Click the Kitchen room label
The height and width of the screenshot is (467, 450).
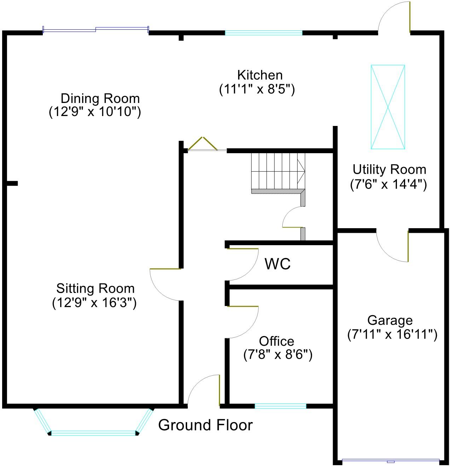coord(260,75)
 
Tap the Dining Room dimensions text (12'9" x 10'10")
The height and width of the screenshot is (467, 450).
coord(95,112)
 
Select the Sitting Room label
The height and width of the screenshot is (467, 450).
coord(95,288)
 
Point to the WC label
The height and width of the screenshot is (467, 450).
coord(278,264)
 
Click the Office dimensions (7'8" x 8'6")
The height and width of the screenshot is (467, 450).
coord(278,354)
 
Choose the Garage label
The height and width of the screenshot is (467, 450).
coord(390,320)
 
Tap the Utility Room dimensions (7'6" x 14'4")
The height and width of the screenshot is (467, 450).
coord(388,184)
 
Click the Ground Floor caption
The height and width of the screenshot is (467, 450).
coord(205,425)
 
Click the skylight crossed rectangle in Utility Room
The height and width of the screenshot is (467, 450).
coord(388,107)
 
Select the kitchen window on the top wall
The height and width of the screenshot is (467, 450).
coord(264,33)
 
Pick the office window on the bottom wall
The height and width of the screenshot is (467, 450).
coord(280,406)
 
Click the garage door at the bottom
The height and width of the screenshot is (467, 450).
coord(391,461)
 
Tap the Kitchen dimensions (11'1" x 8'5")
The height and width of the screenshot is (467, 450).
coord(257,89)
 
